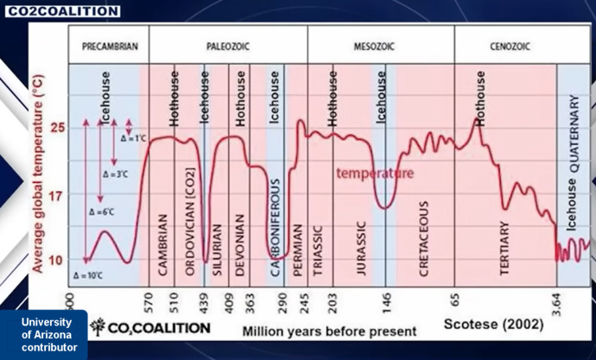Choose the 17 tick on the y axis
[x=56, y=196]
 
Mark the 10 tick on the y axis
[x=56, y=260]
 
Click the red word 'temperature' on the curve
[x=375, y=174]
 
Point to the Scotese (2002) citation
[x=493, y=326]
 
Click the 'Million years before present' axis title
[x=329, y=331]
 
